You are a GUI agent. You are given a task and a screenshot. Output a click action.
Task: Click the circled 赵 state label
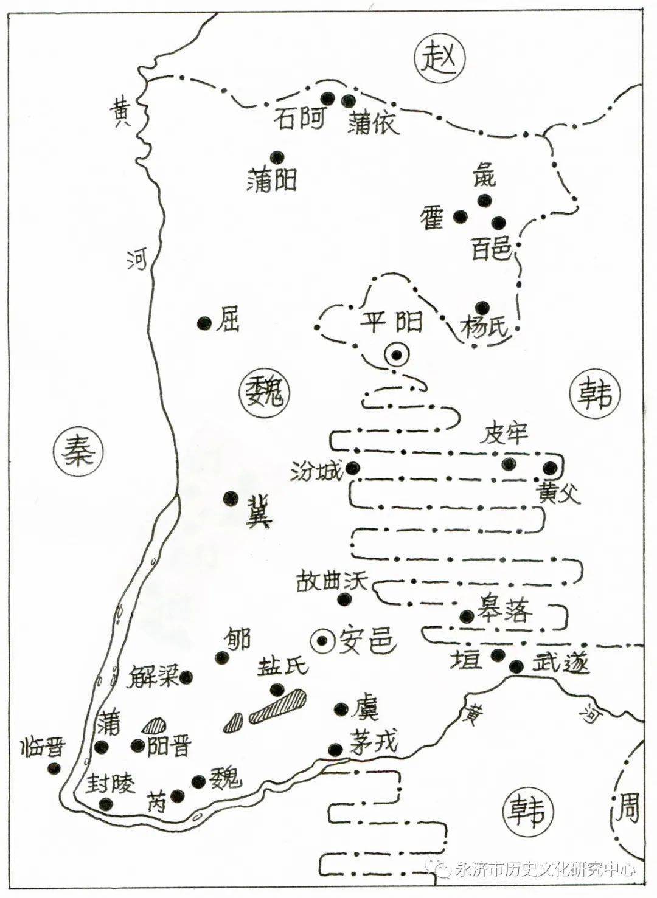(439, 59)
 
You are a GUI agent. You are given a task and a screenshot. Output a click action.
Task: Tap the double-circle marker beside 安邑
(322, 640)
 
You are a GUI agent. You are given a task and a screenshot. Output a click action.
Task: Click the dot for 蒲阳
(277, 157)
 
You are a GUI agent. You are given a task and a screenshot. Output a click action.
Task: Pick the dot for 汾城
(353, 469)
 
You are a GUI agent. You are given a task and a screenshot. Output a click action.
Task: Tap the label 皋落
(504, 610)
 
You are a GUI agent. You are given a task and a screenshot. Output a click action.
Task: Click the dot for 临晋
(55, 768)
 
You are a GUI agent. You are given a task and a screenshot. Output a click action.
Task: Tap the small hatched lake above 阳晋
(155, 725)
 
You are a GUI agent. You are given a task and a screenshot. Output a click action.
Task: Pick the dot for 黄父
(550, 468)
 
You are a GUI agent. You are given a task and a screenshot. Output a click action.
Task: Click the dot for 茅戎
(334, 749)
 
